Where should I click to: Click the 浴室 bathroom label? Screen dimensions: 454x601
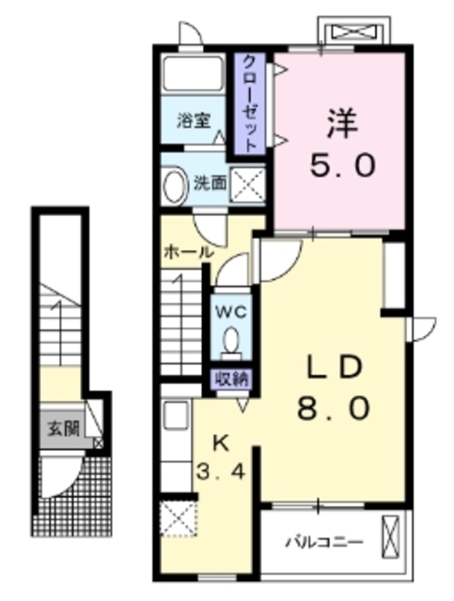click(194, 121)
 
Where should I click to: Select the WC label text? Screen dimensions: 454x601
click(230, 312)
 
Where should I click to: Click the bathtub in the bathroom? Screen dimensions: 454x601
click(193, 74)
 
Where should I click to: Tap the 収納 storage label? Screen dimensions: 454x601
click(231, 379)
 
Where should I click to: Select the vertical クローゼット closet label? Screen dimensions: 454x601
click(250, 103)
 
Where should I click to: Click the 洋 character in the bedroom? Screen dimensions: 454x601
click(342, 123)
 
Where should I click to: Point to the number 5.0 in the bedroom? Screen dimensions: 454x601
click(342, 165)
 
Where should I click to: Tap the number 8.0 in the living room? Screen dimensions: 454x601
click(334, 407)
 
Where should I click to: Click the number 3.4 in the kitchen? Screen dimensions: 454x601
click(221, 471)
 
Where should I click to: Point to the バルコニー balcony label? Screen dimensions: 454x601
click(324, 542)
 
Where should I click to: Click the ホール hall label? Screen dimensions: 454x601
click(188, 253)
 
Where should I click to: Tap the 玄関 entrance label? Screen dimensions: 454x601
click(63, 428)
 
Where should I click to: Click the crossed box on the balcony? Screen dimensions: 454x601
click(391, 536)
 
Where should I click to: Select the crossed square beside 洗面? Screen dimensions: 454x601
click(247, 184)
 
